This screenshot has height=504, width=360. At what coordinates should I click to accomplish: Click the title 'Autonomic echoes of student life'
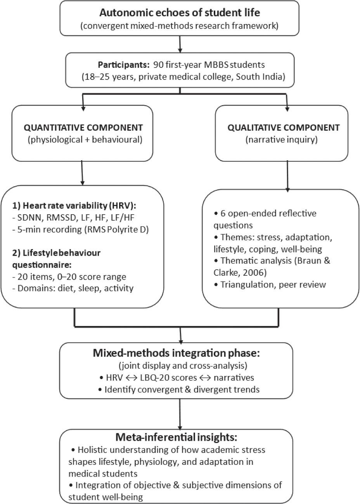pos(180,13)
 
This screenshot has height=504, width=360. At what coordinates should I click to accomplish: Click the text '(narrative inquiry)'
pos(276,140)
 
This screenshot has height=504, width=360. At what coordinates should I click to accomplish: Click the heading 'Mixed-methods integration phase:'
pos(180,353)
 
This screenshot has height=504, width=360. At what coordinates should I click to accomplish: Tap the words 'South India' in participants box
pos(262,76)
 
